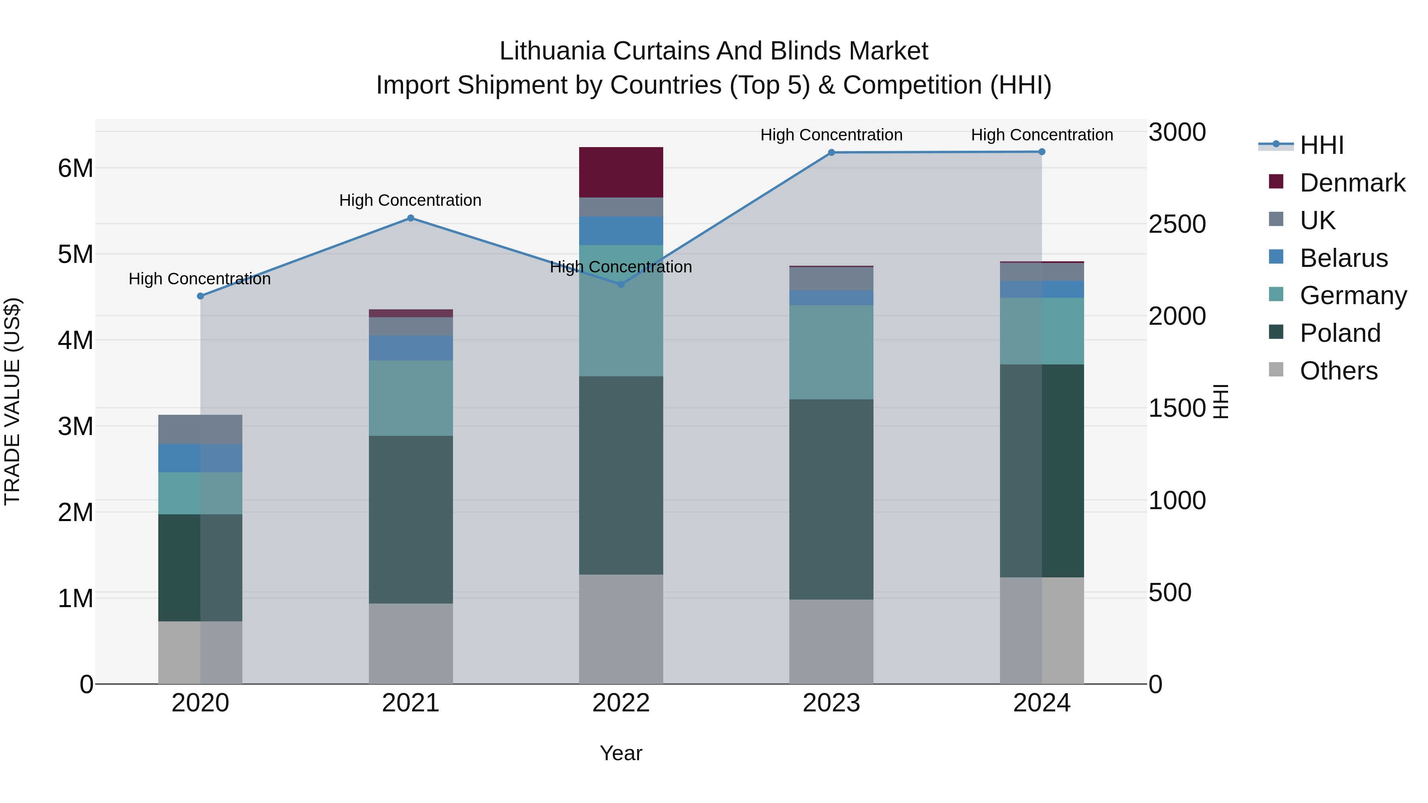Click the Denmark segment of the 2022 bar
coord(621,172)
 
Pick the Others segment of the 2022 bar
coord(621,629)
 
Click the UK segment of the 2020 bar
coord(200,429)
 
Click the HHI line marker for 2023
coord(831,152)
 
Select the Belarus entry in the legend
coord(1343,258)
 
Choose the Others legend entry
coord(1338,371)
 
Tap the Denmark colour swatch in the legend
coord(1276,182)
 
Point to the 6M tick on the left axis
coord(75,169)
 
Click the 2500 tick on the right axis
coord(1177,224)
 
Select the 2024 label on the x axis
coord(1042,703)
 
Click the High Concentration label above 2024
coord(1042,135)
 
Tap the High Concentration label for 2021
coord(410,201)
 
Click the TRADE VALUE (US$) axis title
coord(12,401)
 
